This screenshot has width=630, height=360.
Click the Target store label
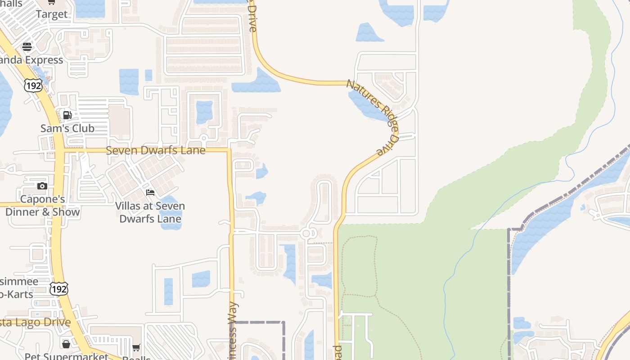click(52, 14)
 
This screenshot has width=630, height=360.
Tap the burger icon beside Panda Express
click(27, 47)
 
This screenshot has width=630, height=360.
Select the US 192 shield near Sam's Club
click(34, 85)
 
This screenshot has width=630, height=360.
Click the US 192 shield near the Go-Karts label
click(59, 289)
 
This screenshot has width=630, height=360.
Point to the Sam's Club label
click(67, 128)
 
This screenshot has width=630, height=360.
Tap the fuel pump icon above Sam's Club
click(67, 115)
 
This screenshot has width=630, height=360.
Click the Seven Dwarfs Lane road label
click(156, 150)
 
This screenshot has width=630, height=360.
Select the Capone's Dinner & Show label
click(43, 206)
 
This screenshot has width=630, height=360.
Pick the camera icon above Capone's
click(42, 186)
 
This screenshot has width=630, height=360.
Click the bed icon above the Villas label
click(150, 193)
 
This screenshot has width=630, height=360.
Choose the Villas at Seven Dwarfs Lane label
click(150, 213)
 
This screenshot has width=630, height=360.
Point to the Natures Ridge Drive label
click(373, 117)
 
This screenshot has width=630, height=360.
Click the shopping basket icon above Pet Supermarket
click(66, 344)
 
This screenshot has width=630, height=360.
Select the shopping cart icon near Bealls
click(136, 348)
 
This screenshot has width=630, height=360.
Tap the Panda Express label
click(31, 60)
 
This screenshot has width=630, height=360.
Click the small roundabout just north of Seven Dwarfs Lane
click(203, 138)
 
